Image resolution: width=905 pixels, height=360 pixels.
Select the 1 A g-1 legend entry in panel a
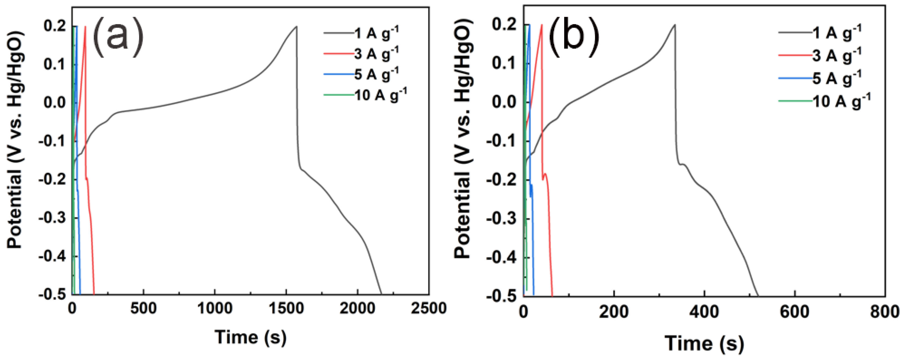click(x=376, y=33)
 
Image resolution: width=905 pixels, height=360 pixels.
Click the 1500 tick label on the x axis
click(x=286, y=308)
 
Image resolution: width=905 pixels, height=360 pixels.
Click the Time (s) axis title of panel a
click(x=250, y=337)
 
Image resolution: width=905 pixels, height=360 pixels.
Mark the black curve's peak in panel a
click(x=296, y=26)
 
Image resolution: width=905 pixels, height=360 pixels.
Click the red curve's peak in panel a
click(x=85, y=26)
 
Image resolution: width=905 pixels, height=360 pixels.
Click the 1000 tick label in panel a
click(x=215, y=308)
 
